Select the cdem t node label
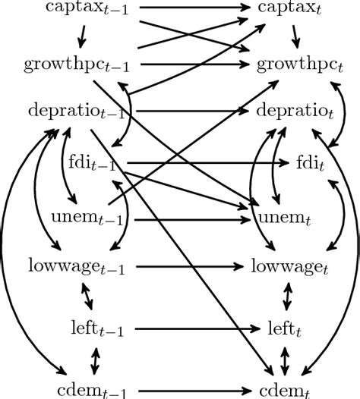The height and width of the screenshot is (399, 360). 286,390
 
